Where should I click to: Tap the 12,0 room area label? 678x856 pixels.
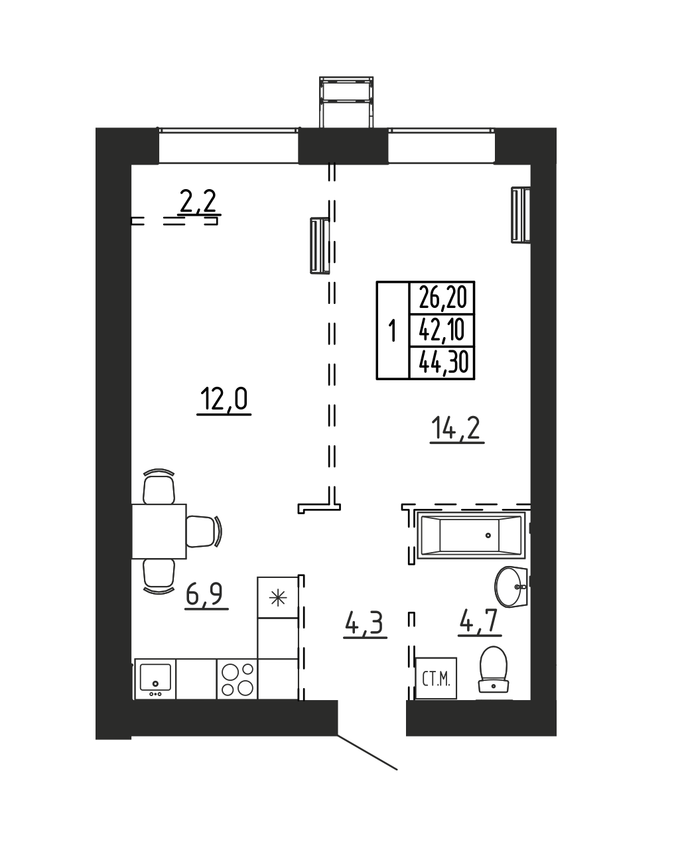[x=224, y=399]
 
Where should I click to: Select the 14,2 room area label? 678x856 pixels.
[x=457, y=428]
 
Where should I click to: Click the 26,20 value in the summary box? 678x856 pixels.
[x=442, y=297]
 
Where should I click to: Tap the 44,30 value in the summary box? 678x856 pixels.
[x=443, y=362]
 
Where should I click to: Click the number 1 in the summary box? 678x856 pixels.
[x=393, y=330]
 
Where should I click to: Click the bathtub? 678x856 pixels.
[x=470, y=535]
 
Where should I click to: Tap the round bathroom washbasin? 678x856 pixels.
[x=511, y=587]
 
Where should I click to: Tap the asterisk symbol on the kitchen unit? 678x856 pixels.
[x=277, y=598]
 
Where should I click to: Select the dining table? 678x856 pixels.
[x=159, y=531]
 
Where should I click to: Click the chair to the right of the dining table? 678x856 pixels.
[x=204, y=531]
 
